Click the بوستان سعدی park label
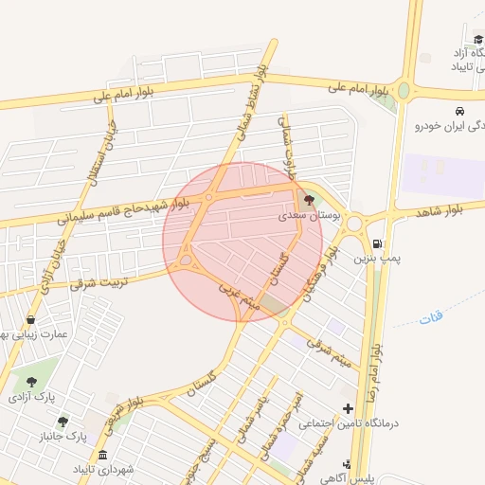click(309, 216)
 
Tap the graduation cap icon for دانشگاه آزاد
click(478, 40)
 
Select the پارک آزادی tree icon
click(33, 382)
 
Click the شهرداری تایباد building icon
click(102, 455)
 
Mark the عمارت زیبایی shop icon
click(33, 319)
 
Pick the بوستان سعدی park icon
click(308, 201)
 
